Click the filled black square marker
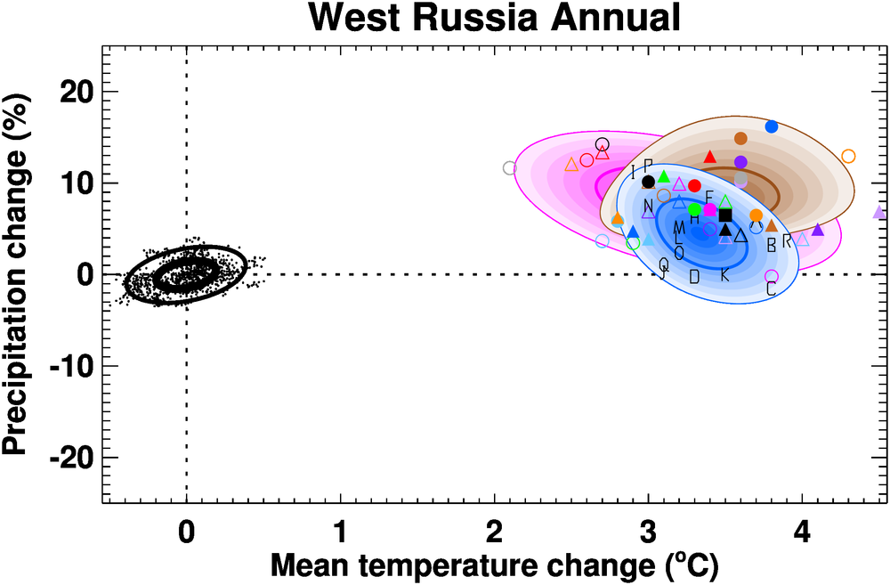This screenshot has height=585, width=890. point(725,215)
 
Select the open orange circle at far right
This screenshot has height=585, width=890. point(848,157)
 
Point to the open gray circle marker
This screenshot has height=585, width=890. point(510,167)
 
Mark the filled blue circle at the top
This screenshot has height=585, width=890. point(772,126)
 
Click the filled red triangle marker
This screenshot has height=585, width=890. point(709,158)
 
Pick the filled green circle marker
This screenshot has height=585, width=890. point(695,209)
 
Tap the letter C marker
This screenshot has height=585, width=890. point(771,288)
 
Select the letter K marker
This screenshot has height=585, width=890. point(724,275)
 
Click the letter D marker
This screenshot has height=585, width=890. point(694,276)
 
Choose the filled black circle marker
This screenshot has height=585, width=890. point(648,182)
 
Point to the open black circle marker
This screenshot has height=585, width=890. point(603,144)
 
